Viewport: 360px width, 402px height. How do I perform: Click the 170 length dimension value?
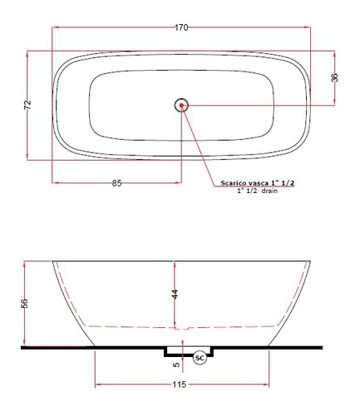(182, 27)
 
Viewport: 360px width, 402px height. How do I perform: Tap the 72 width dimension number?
(27, 105)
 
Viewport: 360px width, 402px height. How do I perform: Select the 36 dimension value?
(334, 77)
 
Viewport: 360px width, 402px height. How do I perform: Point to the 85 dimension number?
(117, 183)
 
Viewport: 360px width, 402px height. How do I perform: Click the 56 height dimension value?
(24, 303)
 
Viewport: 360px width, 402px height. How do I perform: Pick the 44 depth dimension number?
(174, 294)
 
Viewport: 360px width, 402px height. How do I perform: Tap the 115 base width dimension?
(179, 384)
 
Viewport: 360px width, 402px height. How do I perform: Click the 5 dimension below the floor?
(176, 364)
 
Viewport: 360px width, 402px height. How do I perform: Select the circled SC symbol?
(200, 358)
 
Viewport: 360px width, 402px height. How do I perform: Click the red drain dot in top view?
(182, 105)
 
